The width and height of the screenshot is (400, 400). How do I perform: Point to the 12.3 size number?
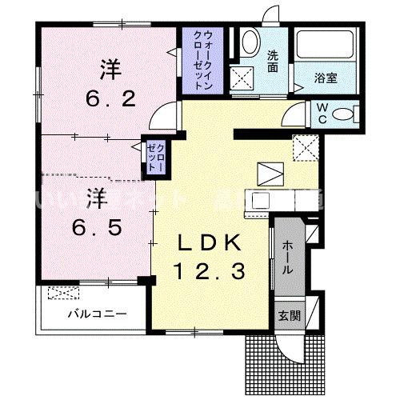pyautogui.click(x=212, y=272)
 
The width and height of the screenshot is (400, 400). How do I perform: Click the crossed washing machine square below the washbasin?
pyautogui.click(x=242, y=78)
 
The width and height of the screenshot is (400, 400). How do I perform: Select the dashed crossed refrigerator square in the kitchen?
pyautogui.click(x=305, y=146)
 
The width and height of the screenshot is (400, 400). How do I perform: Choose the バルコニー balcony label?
pyautogui.click(x=96, y=314)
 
